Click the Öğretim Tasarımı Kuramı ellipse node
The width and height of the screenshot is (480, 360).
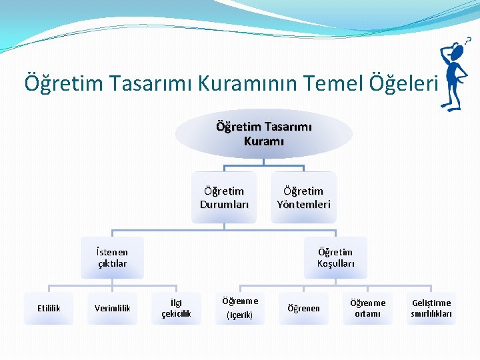point(263,133)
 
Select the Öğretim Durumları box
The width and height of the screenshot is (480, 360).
point(224,197)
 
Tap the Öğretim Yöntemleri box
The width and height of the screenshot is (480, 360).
point(303,197)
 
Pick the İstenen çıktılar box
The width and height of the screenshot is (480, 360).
point(112,257)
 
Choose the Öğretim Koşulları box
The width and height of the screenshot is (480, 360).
point(335,257)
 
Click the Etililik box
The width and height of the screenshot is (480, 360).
point(49,308)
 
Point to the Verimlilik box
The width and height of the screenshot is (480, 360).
point(112,308)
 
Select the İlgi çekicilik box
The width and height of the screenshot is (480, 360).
point(176,308)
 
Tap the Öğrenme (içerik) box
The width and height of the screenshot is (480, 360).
point(239,308)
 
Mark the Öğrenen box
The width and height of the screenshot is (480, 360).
point(303,308)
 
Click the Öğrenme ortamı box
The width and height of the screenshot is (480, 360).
point(367,308)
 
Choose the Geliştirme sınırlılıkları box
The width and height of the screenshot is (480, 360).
point(431,308)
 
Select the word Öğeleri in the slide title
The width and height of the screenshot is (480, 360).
point(406,83)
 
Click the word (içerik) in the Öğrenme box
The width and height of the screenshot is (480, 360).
point(239,315)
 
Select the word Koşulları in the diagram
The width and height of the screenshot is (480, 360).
point(335,264)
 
